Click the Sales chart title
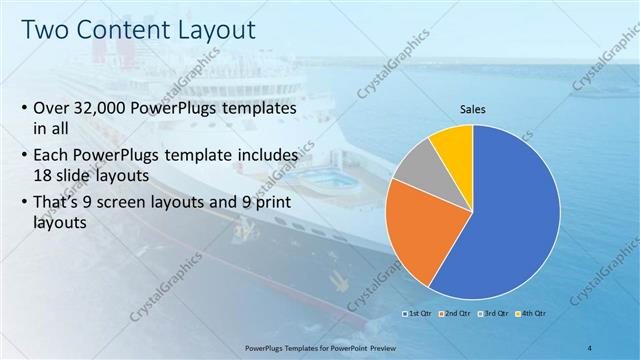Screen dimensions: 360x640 coord(473,110)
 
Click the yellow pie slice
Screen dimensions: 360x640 coord(452,145)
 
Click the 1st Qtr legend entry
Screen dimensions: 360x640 coord(417,315)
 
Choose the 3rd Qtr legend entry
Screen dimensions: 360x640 coord(495,315)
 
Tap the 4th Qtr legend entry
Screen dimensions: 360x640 coord(533,315)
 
